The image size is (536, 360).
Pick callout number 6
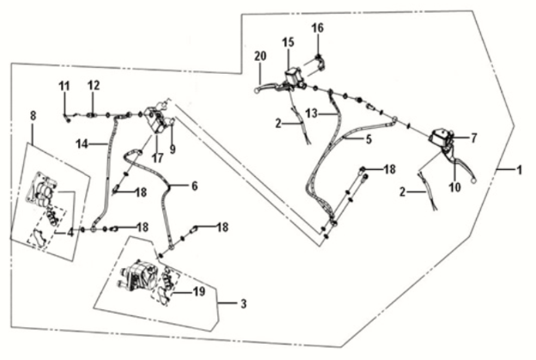[x=195, y=186]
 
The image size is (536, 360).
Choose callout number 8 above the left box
[x=33, y=114]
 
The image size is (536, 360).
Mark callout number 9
[x=173, y=149]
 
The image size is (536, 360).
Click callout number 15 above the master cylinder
[x=288, y=41]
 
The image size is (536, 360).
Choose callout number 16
[x=318, y=27]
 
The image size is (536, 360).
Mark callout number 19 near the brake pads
[x=199, y=292]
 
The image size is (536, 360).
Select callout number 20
[x=259, y=57]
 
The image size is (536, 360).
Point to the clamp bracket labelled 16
[x=319, y=62]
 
